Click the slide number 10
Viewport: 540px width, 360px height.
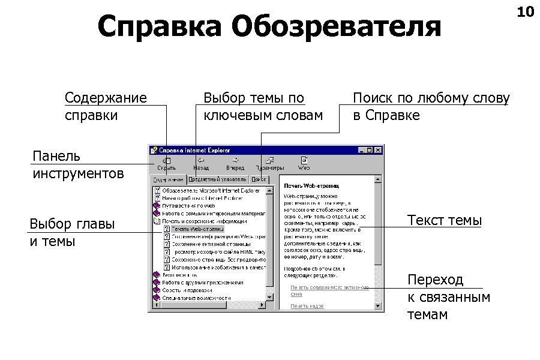(x=525, y=11)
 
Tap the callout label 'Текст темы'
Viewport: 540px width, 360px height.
(x=444, y=220)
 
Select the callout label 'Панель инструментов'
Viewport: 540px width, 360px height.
(x=78, y=165)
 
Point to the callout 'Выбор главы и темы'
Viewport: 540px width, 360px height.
(x=72, y=233)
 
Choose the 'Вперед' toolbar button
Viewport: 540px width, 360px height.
(x=235, y=164)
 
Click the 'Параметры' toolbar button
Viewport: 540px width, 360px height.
(x=270, y=164)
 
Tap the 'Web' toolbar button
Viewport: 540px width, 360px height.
(x=304, y=164)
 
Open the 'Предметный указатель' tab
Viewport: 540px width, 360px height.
(x=217, y=179)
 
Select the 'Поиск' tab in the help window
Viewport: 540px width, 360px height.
(x=259, y=179)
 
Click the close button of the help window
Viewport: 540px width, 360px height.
(x=378, y=150)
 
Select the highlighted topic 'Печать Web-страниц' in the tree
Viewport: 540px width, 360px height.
(x=197, y=229)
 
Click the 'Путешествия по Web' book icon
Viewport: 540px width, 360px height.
(x=157, y=205)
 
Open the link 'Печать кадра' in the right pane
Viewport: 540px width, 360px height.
(x=307, y=306)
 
